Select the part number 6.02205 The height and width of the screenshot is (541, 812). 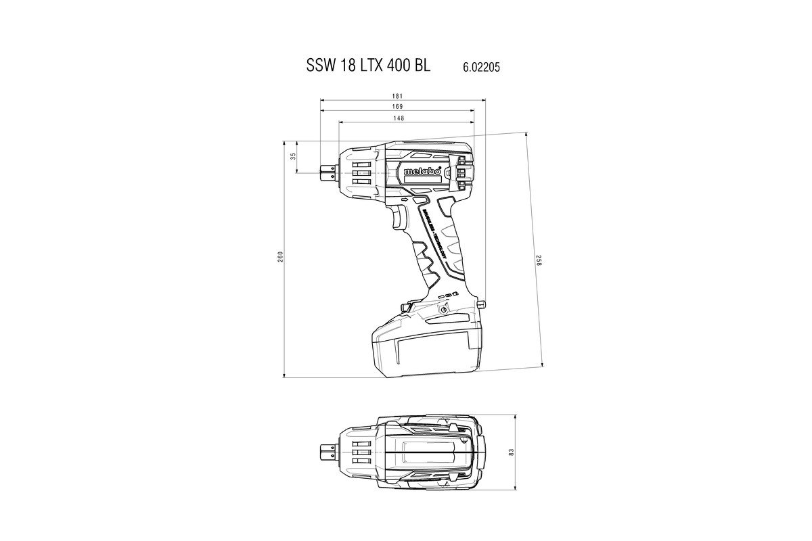click(x=482, y=68)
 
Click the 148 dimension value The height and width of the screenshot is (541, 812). click(x=399, y=118)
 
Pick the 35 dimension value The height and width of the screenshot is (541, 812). click(x=293, y=156)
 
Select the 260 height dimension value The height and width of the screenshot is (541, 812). click(x=279, y=257)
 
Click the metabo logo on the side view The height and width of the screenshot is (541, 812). click(x=422, y=172)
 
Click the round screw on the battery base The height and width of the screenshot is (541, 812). click(x=443, y=310)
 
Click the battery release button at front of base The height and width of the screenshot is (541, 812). click(x=405, y=308)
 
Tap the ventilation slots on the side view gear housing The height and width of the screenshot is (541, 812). click(x=361, y=172)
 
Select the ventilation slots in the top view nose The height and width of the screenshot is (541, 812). click(x=361, y=451)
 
